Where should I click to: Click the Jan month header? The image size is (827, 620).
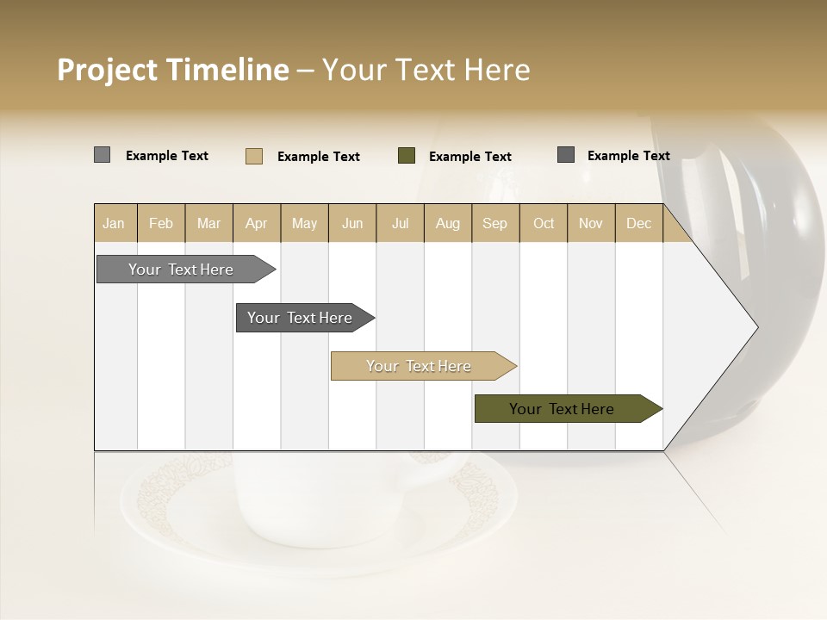click(x=115, y=223)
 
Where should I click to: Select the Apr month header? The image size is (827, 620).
click(x=257, y=223)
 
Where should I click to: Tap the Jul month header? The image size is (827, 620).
click(x=401, y=223)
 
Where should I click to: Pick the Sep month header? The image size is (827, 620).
click(x=494, y=223)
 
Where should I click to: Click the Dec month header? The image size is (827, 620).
click(x=638, y=223)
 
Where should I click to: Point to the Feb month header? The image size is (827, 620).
click(x=161, y=223)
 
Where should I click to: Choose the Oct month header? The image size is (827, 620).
click(x=544, y=223)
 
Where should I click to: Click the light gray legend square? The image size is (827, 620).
click(x=103, y=155)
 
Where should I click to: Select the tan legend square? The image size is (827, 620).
click(x=254, y=156)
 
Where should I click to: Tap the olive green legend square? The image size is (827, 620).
click(x=407, y=155)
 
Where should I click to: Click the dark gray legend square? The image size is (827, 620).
click(x=566, y=155)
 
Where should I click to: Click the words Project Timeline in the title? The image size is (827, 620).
click(x=173, y=70)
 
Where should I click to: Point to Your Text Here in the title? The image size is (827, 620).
click(x=426, y=70)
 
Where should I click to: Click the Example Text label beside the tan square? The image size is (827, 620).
click(x=319, y=156)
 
